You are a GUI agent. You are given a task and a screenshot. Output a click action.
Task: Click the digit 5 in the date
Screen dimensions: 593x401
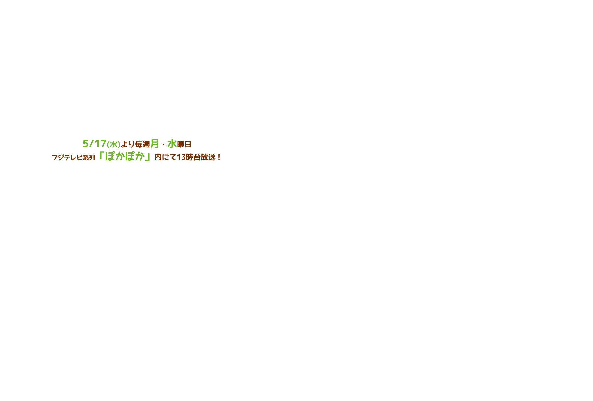[x=86, y=144]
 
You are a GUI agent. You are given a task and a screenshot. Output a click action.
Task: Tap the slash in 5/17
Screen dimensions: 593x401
[x=92, y=144]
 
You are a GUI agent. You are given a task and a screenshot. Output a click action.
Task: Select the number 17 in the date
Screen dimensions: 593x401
[x=100, y=144]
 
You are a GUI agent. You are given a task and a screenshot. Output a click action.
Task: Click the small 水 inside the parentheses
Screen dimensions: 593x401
[x=114, y=145]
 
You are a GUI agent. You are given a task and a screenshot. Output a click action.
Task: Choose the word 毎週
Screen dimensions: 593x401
[x=143, y=145]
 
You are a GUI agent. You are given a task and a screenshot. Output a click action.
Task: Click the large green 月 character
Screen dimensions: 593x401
[x=155, y=144]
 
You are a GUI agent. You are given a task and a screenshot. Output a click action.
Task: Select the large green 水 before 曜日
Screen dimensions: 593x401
[x=172, y=144]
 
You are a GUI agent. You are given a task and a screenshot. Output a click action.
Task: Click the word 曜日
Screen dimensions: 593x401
[x=184, y=145]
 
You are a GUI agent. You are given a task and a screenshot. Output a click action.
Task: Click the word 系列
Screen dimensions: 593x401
[x=89, y=158]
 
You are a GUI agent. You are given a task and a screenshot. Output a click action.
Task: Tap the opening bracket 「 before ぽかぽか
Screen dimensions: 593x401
[x=101, y=155]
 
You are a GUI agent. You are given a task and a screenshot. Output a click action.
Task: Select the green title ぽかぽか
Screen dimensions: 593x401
[x=125, y=156]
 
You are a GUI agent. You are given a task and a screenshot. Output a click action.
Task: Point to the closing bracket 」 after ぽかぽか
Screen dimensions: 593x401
[x=148, y=157]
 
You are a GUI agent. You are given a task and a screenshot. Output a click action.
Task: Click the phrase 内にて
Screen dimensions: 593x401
[x=165, y=158]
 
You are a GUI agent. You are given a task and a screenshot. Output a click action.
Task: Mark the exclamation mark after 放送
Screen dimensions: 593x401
[x=219, y=158]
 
